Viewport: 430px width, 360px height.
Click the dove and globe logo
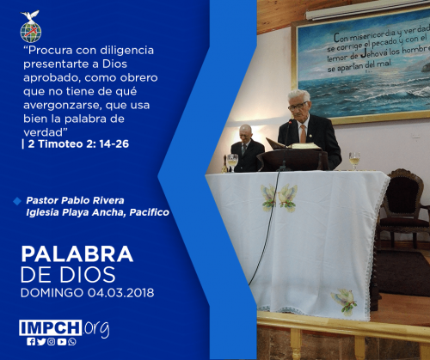[31, 27]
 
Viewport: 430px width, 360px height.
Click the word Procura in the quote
[50, 50]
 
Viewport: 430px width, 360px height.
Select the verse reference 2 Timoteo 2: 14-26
[78, 143]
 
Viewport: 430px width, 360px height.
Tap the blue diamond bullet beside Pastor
[17, 201]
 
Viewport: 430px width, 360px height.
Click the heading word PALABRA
[77, 253]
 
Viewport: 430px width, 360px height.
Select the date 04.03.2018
[121, 293]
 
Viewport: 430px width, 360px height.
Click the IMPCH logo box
[51, 327]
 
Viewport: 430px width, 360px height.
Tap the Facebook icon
[31, 342]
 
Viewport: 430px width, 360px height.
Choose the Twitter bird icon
[41, 342]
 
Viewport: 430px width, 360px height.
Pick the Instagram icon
[52, 342]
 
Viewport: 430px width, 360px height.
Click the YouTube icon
[62, 342]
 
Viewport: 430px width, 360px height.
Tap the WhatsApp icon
[72, 342]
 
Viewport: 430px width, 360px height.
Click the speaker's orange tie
[303, 134]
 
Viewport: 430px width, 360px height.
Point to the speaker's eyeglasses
[298, 107]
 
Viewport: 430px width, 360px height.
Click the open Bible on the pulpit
[293, 144]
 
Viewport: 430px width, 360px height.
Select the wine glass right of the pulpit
[354, 161]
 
